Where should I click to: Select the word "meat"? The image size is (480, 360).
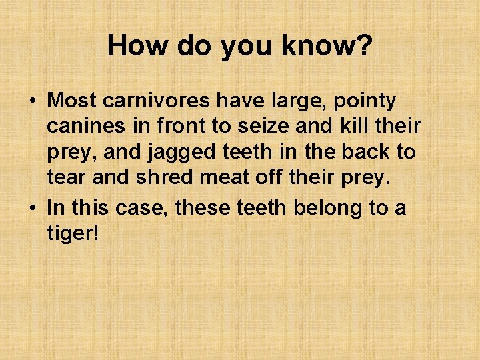pos(223,178)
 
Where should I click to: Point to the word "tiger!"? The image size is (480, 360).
pos(72,234)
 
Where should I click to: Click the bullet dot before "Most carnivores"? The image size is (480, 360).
pos(32,101)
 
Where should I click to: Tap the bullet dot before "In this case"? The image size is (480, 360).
pos(32,209)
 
